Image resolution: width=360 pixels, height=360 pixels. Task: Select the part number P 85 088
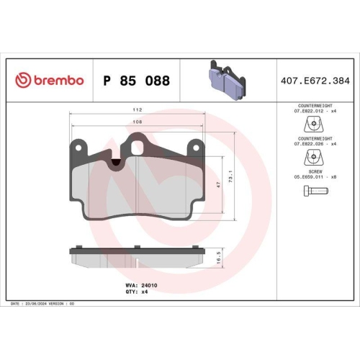tap(137, 81)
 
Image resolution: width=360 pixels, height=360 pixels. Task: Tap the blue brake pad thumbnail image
tap(227, 79)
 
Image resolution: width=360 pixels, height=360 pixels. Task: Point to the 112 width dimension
tap(138, 110)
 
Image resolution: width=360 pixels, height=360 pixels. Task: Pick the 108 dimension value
tap(138, 122)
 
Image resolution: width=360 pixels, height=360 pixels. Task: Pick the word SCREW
tap(312, 171)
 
